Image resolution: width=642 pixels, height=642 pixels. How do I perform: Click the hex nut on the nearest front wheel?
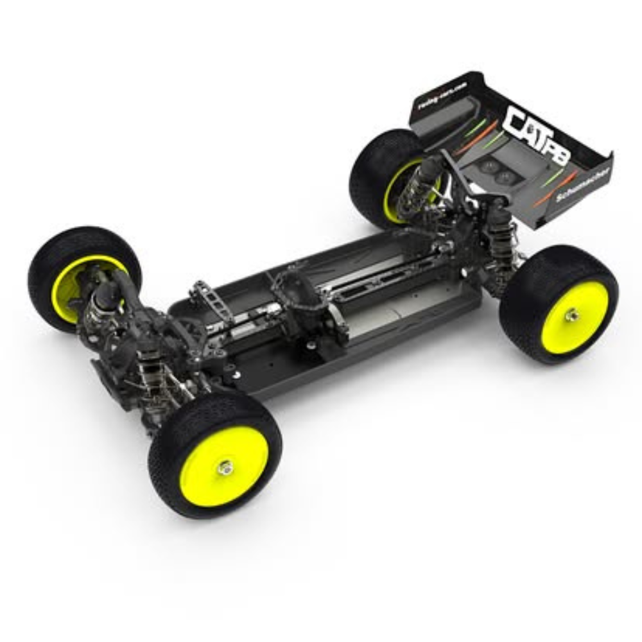[225, 467]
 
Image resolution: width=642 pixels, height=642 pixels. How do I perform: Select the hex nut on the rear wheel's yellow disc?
[571, 315]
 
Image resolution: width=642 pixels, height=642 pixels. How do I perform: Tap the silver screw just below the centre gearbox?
[311, 345]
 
